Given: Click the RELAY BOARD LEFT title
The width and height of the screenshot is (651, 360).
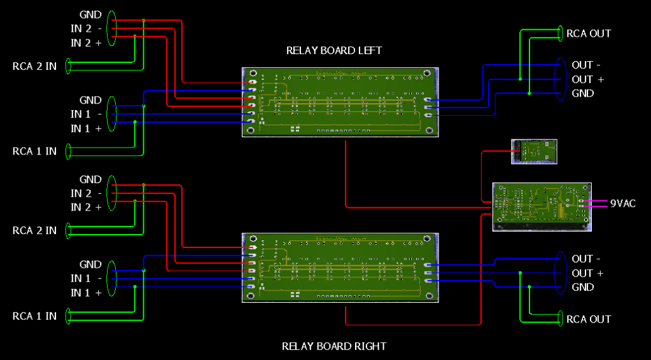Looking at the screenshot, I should [334, 50].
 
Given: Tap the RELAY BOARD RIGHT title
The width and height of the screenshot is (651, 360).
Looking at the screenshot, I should [334, 346].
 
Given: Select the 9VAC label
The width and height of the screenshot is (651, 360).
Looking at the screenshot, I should [622, 204].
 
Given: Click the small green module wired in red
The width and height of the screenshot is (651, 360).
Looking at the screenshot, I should [535, 151].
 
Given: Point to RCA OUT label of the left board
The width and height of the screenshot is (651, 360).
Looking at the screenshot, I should [589, 33].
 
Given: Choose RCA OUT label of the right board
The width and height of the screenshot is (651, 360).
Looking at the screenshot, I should [589, 319].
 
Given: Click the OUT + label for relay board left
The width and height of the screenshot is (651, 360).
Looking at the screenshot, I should [587, 80].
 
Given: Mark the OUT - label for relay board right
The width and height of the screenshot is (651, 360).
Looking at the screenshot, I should [582, 259].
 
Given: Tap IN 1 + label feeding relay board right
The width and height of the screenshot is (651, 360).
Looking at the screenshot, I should [86, 293].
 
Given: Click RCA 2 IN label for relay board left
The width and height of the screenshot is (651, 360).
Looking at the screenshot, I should [34, 66].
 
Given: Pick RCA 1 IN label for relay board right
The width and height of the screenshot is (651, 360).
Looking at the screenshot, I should [34, 315].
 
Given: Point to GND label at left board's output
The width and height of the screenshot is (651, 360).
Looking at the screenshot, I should [583, 93].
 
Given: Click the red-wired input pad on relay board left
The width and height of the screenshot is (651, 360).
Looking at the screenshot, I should [253, 83].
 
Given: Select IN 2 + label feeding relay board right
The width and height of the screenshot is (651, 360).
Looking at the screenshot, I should [86, 207].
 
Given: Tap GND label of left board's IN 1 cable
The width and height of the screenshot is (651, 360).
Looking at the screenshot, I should [90, 100].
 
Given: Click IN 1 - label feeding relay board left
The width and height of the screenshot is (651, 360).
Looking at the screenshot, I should [86, 114].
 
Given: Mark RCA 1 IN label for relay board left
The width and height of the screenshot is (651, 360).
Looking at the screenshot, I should [34, 151].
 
